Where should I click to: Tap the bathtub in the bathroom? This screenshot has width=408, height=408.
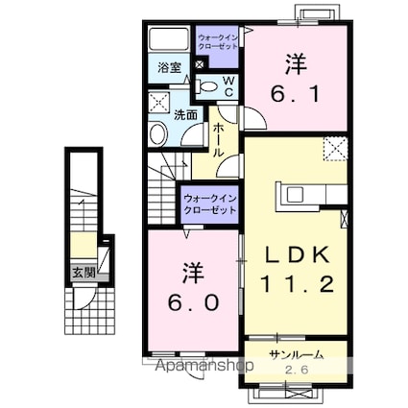[x=169, y=40]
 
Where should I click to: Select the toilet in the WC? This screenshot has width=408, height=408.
[x=205, y=85]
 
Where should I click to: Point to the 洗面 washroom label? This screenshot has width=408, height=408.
[x=185, y=115]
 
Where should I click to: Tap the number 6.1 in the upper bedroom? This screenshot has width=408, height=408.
[x=294, y=92]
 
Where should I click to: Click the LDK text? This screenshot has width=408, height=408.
[x=294, y=254]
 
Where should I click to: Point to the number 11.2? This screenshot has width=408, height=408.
[x=294, y=284]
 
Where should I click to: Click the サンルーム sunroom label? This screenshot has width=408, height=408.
[x=295, y=354]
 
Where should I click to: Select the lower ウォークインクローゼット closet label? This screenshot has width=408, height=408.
[x=208, y=204]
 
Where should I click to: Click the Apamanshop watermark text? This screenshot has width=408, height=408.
[x=203, y=366]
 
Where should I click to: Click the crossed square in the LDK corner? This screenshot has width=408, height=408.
[x=335, y=148]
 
